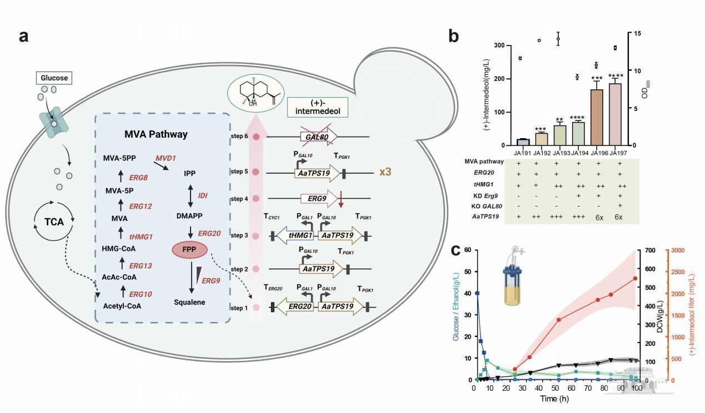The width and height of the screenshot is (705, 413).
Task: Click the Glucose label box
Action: point(54,78)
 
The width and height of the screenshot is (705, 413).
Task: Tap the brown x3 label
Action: point(386,172)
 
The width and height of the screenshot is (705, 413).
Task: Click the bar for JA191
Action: point(522,142)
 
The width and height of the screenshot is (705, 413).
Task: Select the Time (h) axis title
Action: point(556,399)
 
